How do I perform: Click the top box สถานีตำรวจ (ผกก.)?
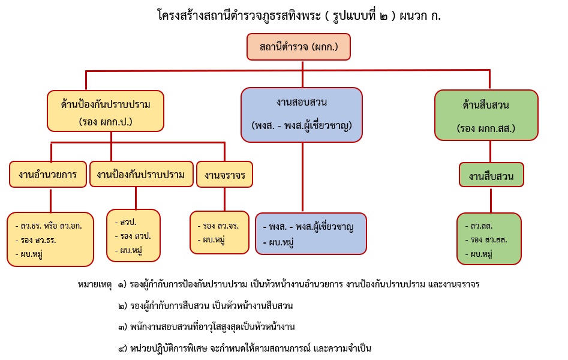click(298, 47)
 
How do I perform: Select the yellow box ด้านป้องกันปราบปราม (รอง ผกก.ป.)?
click(105, 112)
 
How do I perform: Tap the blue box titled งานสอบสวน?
click(302, 114)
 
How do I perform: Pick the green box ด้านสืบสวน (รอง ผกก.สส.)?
click(486, 115)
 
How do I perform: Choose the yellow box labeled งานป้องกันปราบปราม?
click(141, 175)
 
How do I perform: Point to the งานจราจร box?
click(224, 175)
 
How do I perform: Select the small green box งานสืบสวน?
click(491, 175)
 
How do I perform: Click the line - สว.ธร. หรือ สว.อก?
click(48, 226)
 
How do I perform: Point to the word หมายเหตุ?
click(95, 284)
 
